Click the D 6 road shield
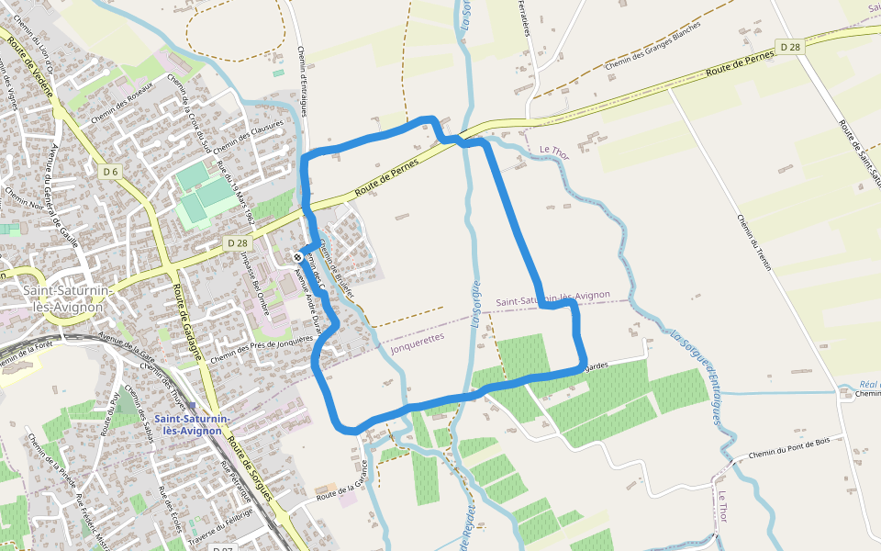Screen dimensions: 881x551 pos(111,172)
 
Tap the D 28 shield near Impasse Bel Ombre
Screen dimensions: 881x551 pos(237,242)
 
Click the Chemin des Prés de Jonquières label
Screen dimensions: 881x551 pos(262,347)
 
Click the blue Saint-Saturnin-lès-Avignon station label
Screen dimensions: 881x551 pos(193,424)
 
